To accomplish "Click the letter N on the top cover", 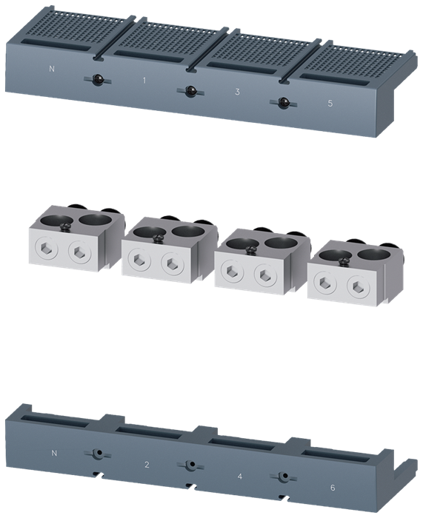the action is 52,69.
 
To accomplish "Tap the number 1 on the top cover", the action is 144,80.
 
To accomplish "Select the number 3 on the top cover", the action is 237,92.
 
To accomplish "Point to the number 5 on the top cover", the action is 330,103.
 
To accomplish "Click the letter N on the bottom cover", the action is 54,453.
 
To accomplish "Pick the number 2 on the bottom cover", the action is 147,465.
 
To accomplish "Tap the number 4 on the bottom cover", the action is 240,476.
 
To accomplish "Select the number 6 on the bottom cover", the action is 333,488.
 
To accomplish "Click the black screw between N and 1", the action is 97,79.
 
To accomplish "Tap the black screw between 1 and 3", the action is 190,91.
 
